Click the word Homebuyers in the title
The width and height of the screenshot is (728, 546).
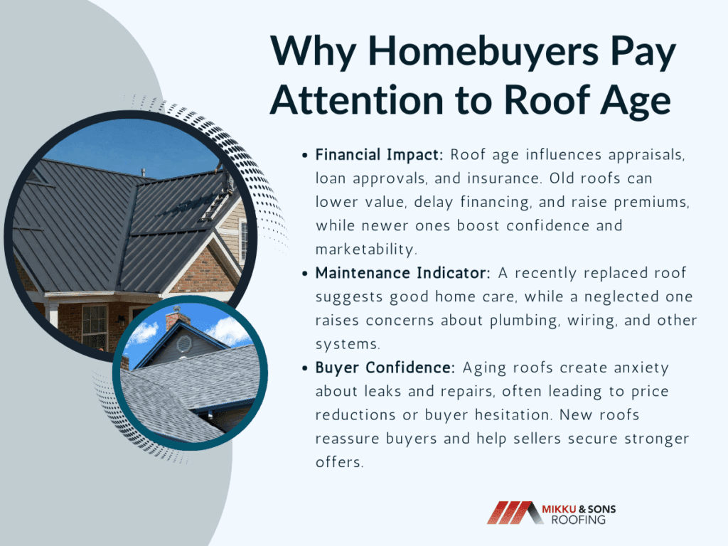point(483,52)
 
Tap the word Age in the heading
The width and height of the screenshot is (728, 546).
point(635,101)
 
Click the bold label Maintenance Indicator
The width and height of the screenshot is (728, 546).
point(402,272)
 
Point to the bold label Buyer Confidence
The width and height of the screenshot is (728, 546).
point(385,368)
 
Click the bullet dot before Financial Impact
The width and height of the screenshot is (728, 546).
point(304,156)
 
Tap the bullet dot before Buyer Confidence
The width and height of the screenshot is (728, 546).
point(304,368)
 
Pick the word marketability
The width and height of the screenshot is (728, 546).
point(366,250)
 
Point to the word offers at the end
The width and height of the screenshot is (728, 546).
point(339,462)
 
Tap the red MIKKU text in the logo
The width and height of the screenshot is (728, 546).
point(559,509)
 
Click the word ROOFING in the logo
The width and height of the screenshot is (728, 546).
point(579,520)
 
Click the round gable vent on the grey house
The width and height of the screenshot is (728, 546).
point(184,344)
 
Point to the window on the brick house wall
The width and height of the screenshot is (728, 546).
point(95,327)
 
